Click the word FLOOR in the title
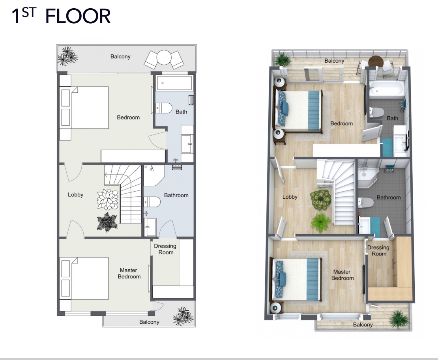(78, 16)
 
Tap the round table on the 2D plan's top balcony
(164, 58)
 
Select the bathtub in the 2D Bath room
(174, 83)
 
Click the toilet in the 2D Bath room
(163, 108)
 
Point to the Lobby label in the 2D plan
(75, 195)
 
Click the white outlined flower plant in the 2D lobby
(108, 199)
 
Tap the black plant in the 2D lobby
(107, 222)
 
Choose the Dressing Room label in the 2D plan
(165, 249)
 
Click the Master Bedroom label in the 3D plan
(342, 275)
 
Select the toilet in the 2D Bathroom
(152, 201)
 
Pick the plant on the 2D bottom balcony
(183, 316)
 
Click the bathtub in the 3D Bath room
(387, 88)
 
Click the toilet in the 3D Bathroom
(366, 202)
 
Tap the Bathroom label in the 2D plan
(176, 195)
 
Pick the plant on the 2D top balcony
(67, 56)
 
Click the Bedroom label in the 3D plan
(341, 123)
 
